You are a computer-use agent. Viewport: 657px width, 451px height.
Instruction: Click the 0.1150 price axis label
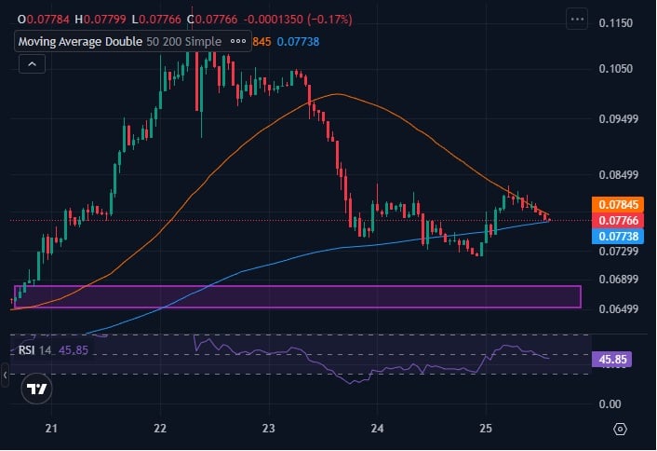(x=616, y=21)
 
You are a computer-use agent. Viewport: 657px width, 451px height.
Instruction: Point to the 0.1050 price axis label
(x=616, y=69)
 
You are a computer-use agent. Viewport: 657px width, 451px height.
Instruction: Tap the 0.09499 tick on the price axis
(x=618, y=118)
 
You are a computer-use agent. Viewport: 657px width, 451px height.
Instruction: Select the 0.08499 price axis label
(x=618, y=174)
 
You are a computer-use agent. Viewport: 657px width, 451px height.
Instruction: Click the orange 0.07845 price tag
(x=617, y=204)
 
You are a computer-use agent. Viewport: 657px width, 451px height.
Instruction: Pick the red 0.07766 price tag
(x=617, y=220)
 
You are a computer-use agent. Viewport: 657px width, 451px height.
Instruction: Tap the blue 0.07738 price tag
(x=617, y=237)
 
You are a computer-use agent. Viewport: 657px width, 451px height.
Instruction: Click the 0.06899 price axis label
(x=618, y=280)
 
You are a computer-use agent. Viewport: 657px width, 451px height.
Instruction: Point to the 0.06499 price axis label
(x=618, y=308)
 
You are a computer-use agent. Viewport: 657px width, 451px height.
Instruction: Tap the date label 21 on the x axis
(x=52, y=429)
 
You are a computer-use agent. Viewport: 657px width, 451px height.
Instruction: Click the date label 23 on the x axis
(x=269, y=429)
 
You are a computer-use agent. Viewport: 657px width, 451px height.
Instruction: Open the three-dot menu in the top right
(x=577, y=19)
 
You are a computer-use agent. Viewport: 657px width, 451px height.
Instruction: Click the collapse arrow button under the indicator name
(x=32, y=63)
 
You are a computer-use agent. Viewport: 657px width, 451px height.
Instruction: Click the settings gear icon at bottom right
(x=621, y=429)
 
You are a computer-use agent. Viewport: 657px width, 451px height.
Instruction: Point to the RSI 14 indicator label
(x=35, y=349)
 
